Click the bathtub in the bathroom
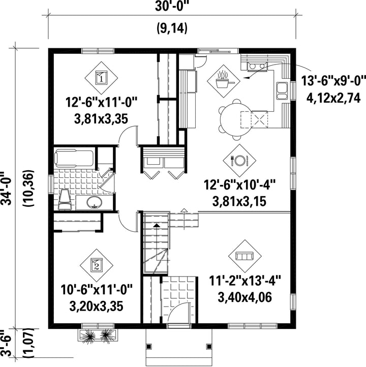coord(74,159)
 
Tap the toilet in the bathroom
coord(65,199)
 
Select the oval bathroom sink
coord(94,202)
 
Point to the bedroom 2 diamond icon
coord(97,265)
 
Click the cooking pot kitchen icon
coord(224,81)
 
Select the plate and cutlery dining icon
coord(239,161)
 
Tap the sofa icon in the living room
coord(245,256)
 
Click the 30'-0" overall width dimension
coord(172,6)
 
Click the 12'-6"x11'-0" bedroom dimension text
coord(101,102)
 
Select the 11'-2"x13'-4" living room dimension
coord(245,281)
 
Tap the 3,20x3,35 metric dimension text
coord(96,306)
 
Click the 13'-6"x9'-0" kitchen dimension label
coord(333,81)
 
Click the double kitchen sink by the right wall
coord(282,91)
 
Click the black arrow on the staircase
coord(157,225)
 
